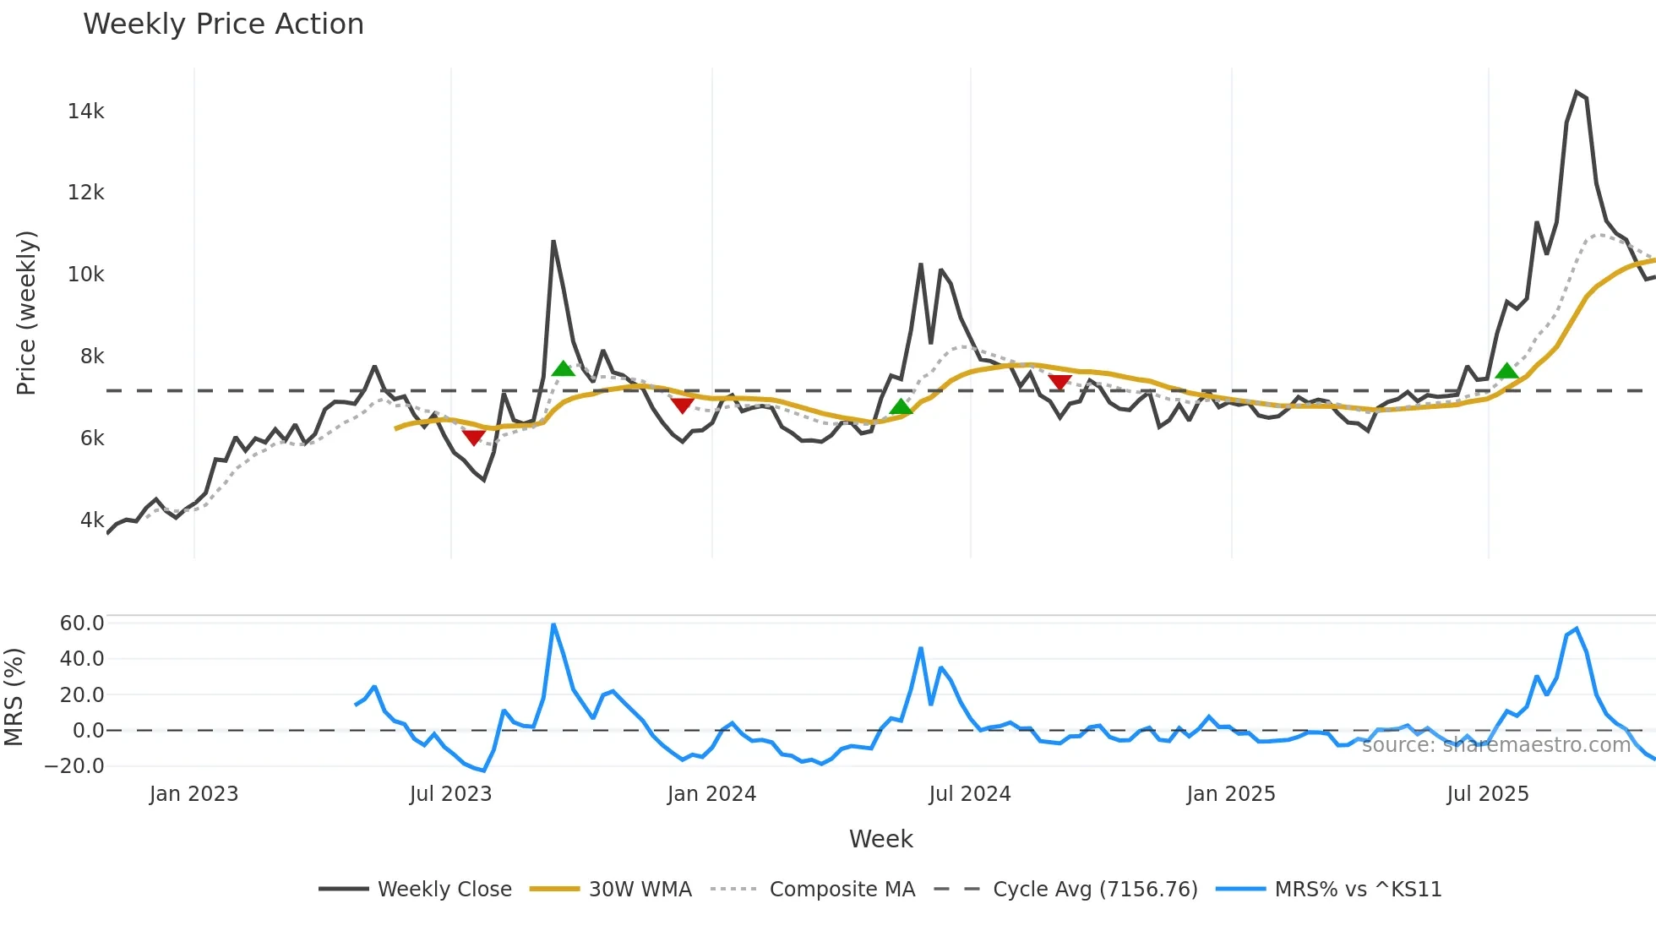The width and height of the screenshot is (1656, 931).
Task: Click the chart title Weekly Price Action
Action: tap(223, 24)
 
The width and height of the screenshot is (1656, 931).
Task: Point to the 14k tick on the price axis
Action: tap(85, 112)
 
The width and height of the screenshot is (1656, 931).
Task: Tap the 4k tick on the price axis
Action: tap(91, 520)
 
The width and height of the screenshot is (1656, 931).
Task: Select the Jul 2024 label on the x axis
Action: tap(969, 794)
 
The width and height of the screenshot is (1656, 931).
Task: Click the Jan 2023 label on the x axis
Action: tap(193, 794)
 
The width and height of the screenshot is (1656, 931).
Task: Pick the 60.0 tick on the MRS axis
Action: tap(81, 623)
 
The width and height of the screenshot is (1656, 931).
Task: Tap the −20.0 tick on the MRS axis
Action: tap(74, 766)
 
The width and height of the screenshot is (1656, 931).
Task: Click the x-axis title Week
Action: tap(880, 839)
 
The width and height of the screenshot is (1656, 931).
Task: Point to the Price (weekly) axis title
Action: tap(26, 313)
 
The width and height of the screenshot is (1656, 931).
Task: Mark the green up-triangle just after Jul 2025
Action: tap(1506, 371)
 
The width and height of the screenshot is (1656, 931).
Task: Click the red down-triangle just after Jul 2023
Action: tap(473, 437)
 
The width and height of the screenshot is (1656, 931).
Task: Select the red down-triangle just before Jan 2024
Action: tap(682, 406)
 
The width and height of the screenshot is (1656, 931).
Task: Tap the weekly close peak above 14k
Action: tap(1577, 92)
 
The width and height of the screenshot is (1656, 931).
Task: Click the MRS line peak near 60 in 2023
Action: tap(553, 625)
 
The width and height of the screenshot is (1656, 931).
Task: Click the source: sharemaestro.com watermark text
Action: tap(1495, 745)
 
